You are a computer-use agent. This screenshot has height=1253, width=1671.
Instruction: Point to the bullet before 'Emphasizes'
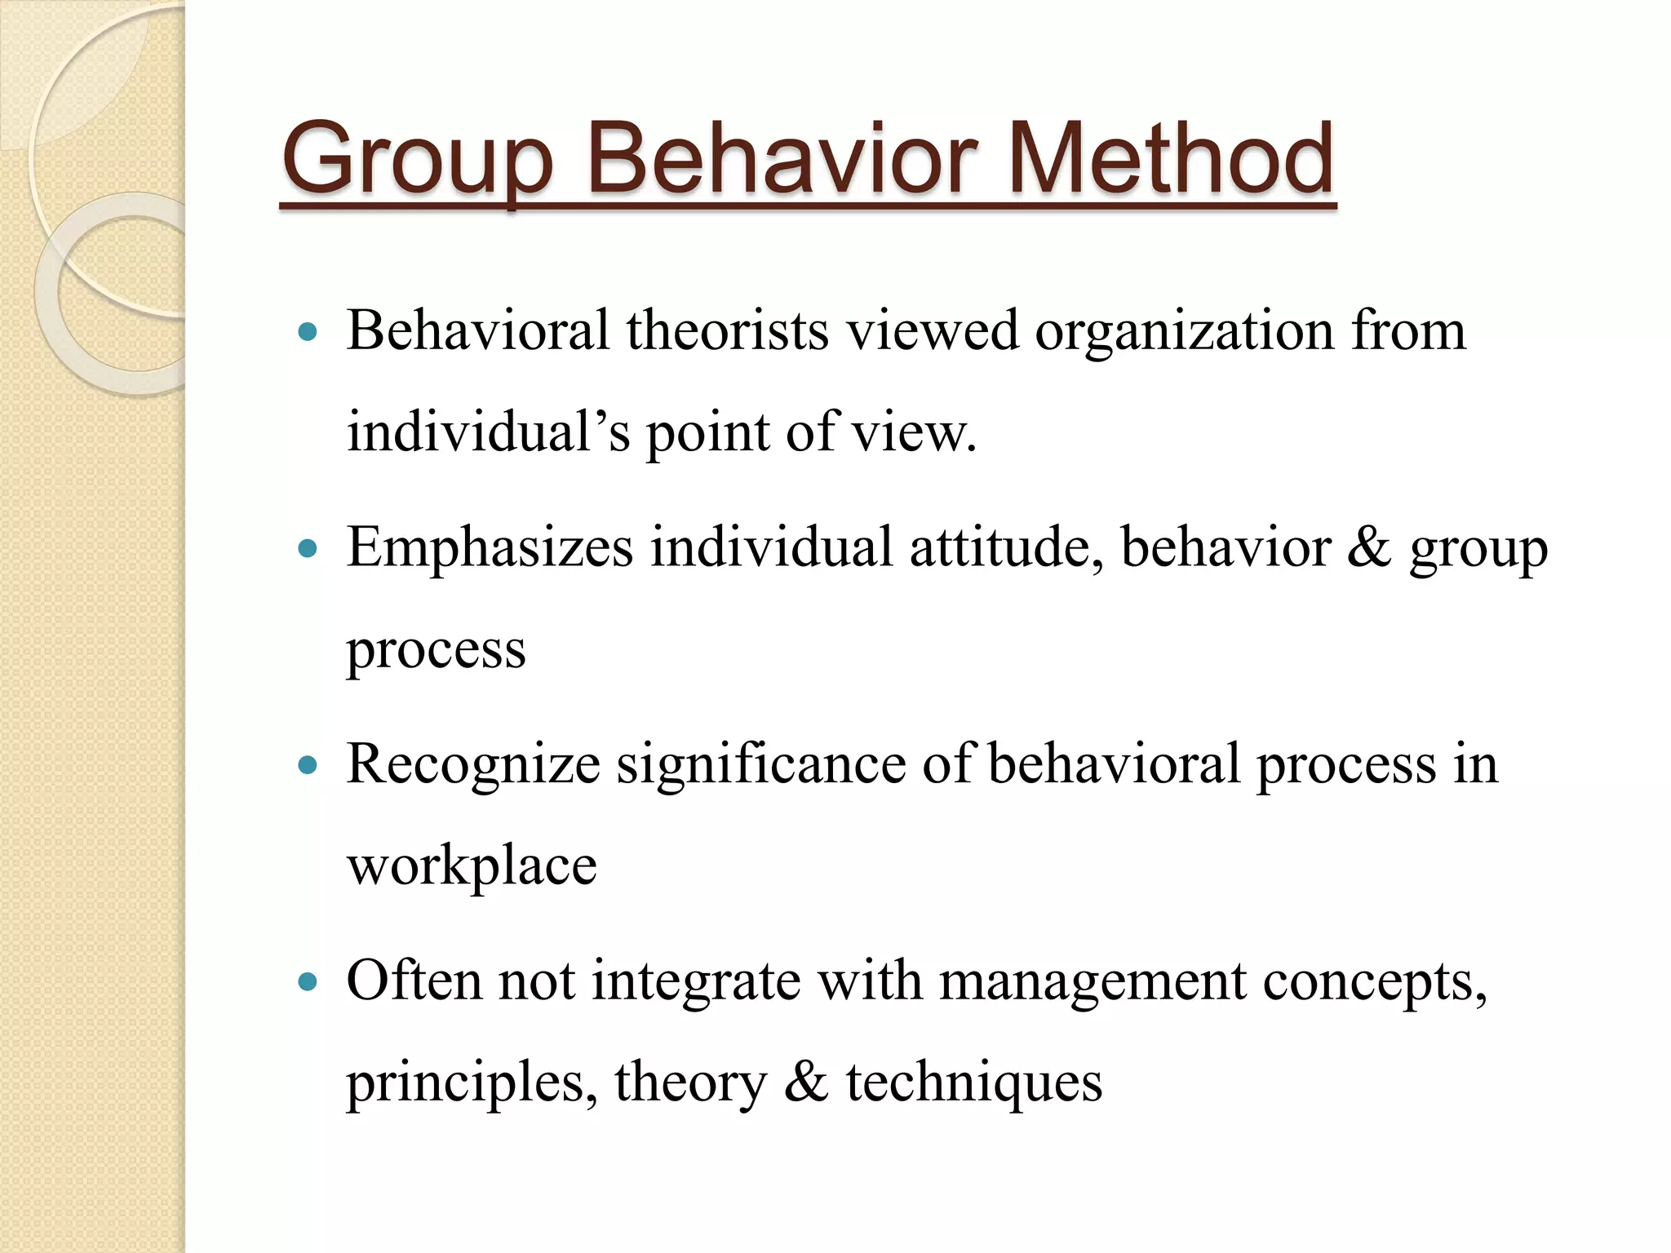[308, 549]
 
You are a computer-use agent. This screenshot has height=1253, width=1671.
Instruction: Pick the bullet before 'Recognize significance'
[308, 766]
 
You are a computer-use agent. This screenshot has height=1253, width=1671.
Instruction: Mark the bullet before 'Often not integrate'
[308, 982]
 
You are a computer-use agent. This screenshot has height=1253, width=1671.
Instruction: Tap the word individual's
[489, 432]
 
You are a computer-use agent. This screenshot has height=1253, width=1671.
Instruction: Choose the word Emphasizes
[490, 547]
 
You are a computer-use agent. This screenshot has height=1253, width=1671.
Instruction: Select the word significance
[760, 764]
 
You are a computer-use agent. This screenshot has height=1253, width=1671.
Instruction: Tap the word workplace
[472, 866]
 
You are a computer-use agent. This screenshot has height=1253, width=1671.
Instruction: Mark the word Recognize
[473, 764]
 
